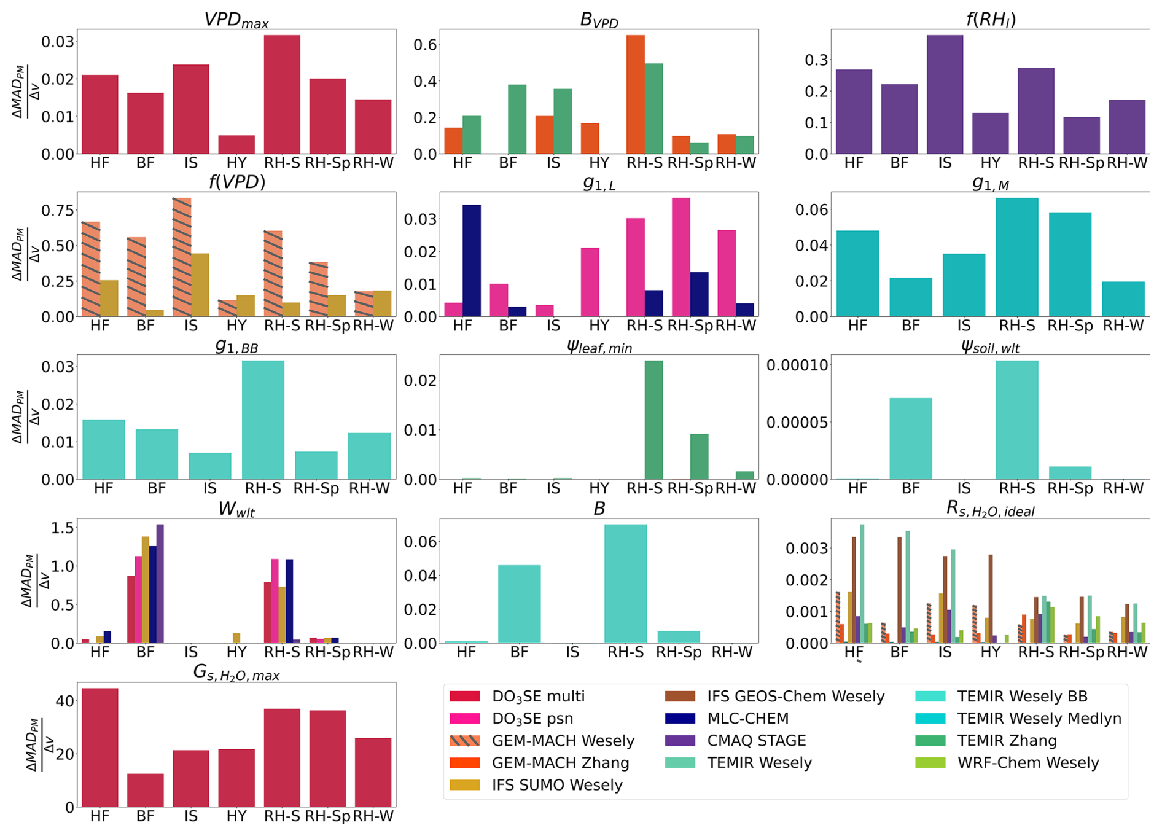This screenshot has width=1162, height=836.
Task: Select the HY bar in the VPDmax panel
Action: point(236,144)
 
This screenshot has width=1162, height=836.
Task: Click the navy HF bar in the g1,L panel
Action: point(471,260)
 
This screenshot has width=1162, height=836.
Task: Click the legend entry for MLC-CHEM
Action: point(747,719)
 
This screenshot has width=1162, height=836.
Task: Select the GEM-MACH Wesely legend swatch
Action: point(464,741)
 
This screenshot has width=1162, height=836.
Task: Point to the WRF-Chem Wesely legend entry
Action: point(1027,763)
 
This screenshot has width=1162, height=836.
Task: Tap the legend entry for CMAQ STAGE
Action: point(756,741)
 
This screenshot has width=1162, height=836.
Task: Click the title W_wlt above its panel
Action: point(236,510)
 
